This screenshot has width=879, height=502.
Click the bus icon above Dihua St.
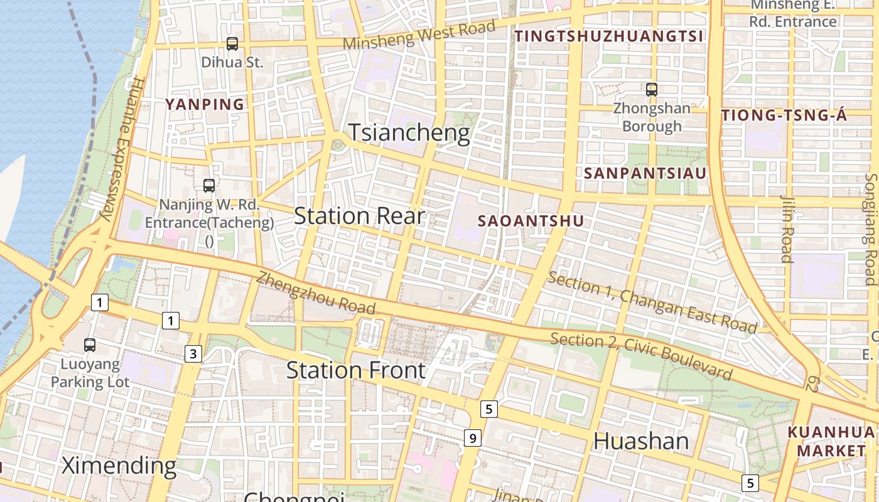click(232, 44)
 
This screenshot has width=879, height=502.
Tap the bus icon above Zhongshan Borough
click(652, 90)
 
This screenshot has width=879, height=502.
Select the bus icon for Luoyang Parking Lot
click(90, 344)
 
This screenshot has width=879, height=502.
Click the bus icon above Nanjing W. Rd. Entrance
click(209, 186)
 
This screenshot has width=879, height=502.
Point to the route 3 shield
click(193, 354)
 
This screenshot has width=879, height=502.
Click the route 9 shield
click(473, 437)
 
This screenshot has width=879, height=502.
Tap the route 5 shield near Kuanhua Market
click(750, 483)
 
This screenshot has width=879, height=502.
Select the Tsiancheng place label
click(409, 133)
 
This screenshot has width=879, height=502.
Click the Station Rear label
click(359, 216)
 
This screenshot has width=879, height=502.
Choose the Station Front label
click(356, 370)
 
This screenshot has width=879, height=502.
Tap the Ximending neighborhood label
click(119, 466)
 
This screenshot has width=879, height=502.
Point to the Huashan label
click(641, 441)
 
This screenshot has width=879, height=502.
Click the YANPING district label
click(204, 105)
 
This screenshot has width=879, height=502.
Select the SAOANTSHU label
click(531, 221)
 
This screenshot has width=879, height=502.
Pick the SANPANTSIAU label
click(645, 173)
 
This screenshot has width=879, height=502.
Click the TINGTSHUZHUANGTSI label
click(609, 36)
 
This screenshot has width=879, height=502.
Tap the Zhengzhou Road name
click(316, 293)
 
